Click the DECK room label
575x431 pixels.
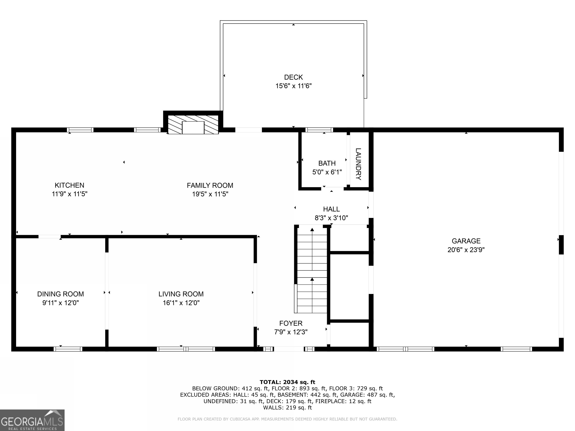[293, 77]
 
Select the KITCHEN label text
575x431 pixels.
[69, 185]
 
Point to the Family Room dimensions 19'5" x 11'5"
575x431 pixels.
[210, 194]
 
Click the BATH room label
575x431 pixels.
[327, 163]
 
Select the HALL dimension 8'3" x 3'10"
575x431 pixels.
[331, 218]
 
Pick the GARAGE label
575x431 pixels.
[466, 241]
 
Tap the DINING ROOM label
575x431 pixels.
[61, 294]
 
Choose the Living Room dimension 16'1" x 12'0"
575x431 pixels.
[181, 303]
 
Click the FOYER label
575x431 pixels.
[291, 323]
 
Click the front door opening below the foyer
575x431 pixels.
[289, 349]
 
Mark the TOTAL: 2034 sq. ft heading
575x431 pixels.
[287, 382]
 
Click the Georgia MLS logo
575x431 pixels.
[32, 420]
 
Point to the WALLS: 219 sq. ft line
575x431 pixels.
[287, 407]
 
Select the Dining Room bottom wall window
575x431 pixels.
[68, 349]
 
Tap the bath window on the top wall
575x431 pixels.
[319, 130]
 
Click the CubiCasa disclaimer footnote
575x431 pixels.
[287, 419]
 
